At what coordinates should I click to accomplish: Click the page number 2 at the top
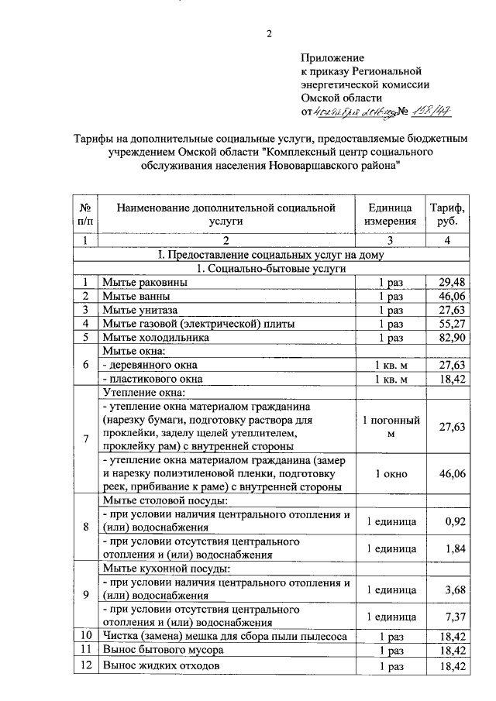270,33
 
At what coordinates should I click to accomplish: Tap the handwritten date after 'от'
356,112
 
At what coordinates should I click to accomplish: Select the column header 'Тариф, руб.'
447,214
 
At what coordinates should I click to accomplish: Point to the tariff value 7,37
455,613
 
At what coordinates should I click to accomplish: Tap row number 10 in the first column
86,636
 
